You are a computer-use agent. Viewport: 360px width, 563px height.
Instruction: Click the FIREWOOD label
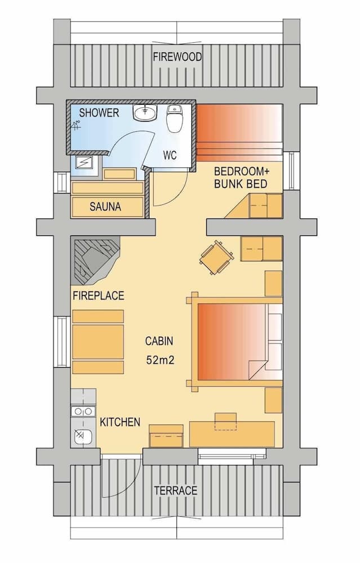coord(177,57)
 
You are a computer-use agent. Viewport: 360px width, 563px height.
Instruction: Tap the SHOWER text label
coord(99,113)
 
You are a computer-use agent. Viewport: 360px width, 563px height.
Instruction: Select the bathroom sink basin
coord(145,114)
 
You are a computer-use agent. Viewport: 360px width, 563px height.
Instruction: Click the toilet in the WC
coord(175,118)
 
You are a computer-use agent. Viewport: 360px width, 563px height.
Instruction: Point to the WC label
coord(170,155)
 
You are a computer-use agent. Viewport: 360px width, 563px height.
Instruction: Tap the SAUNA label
coord(105,207)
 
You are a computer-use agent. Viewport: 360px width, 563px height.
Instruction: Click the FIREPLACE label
coord(98,296)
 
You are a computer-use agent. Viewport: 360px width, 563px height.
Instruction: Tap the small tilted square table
coord(217,258)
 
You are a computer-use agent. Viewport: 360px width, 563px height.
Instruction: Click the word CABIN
coord(159,341)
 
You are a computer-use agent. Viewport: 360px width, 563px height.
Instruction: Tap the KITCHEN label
coord(120,422)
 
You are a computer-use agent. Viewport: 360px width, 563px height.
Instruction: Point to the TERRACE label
coord(176,490)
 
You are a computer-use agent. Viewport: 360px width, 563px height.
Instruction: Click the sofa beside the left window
coord(97,342)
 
